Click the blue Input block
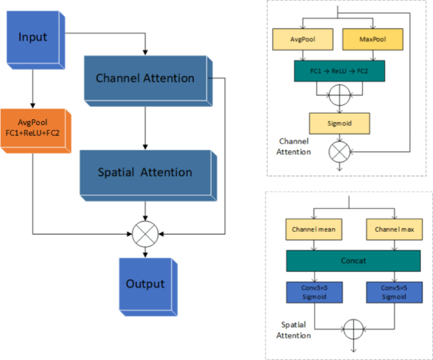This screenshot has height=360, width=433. point(32,37)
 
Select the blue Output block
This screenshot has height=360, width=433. point(145,284)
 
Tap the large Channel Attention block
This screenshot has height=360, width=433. point(145,78)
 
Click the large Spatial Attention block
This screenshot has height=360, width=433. point(145,172)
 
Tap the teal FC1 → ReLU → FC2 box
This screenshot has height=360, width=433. point(338,71)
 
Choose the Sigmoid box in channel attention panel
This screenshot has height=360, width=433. point(339,122)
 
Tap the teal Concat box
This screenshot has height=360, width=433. point(353,260)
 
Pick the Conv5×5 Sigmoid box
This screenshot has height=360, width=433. point(393,291)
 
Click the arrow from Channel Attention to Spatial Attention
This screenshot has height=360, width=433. point(146,126)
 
